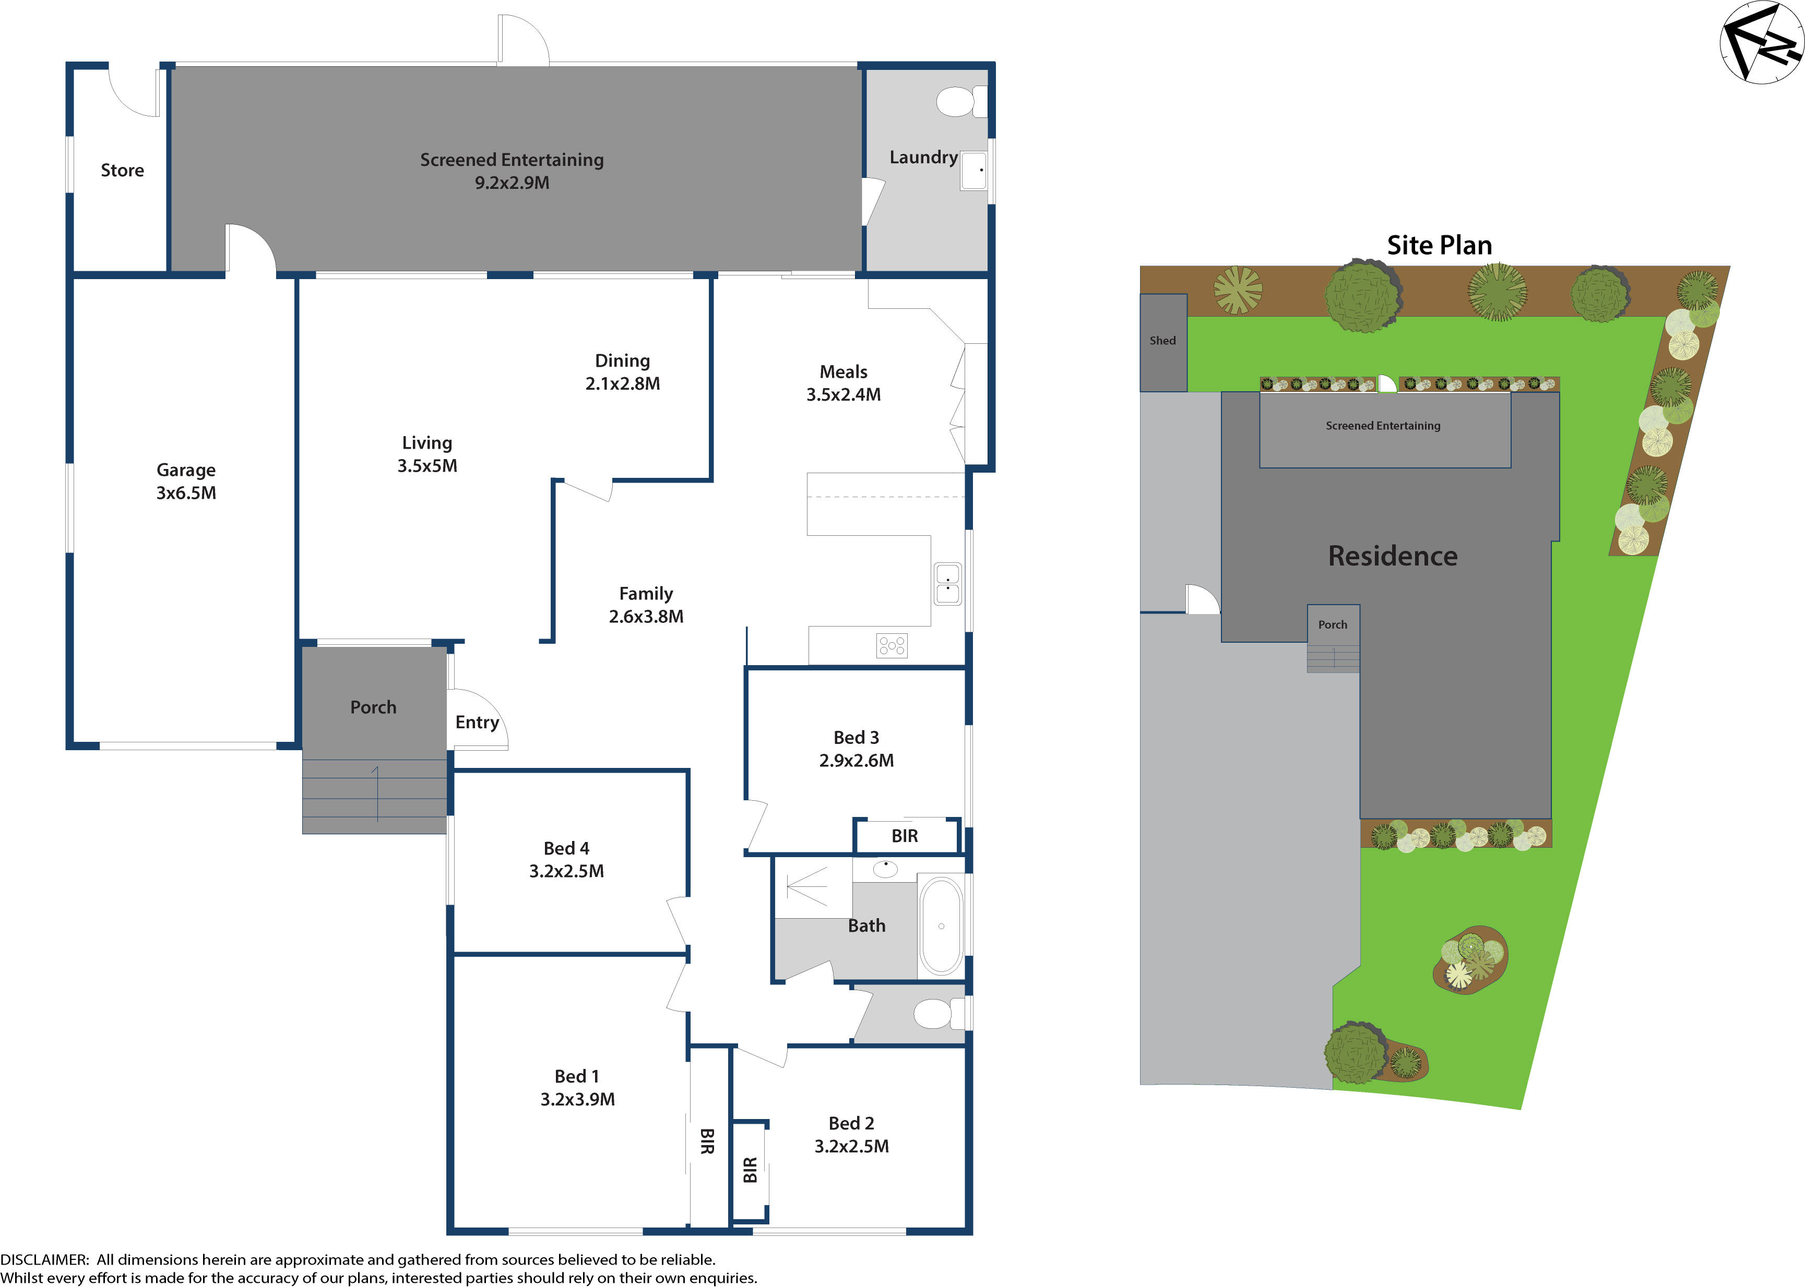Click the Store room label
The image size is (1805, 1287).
pyautogui.click(x=122, y=171)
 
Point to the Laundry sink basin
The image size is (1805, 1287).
pyautogui.click(x=973, y=171)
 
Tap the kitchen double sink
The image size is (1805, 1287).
pyautogui.click(x=947, y=584)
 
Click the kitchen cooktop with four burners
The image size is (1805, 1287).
pyautogui.click(x=891, y=646)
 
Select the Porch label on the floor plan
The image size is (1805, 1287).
pyautogui.click(x=373, y=707)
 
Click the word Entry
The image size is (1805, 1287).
pyautogui.click(x=477, y=722)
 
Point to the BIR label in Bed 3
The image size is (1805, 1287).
pyautogui.click(x=905, y=836)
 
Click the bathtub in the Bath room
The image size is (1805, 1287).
pyautogui.click(x=941, y=925)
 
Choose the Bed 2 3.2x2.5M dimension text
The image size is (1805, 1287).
pyautogui.click(x=851, y=1147)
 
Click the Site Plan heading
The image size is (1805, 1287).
pyautogui.click(x=1439, y=246)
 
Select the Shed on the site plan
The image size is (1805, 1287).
pyautogui.click(x=1163, y=342)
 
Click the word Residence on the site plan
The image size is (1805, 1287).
pyautogui.click(x=1392, y=556)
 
